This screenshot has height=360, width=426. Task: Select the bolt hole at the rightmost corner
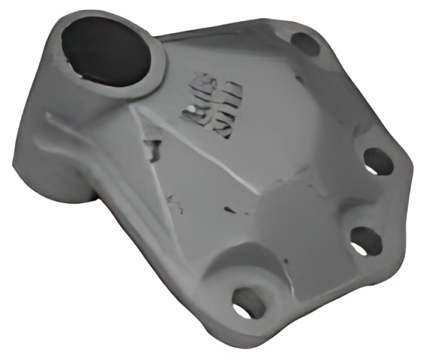click(379, 161)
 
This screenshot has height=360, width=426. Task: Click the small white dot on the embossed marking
click(193, 111)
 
